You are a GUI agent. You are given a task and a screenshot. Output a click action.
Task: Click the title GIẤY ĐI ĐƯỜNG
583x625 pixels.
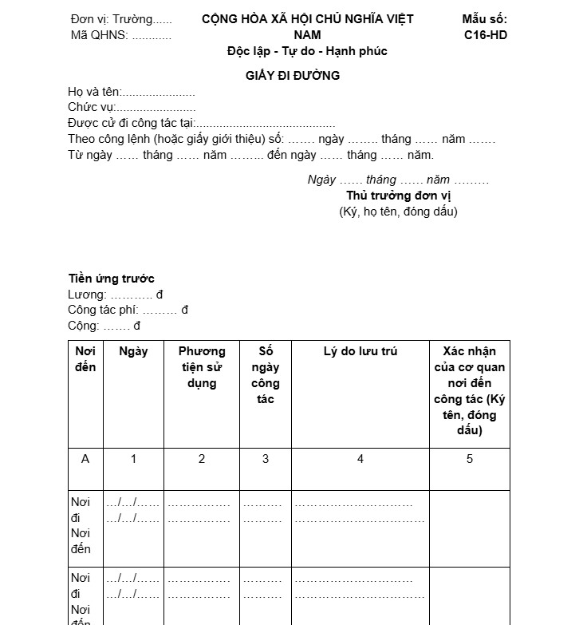293,76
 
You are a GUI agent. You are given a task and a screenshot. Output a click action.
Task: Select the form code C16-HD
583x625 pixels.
485,35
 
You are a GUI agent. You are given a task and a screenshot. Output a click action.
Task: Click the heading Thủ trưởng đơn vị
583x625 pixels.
399,196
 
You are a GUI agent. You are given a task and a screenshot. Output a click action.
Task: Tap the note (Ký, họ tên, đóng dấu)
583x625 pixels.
399,212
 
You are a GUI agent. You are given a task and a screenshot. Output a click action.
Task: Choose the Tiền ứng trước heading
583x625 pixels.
111,279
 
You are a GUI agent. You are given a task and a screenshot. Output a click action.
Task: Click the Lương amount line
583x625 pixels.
116,295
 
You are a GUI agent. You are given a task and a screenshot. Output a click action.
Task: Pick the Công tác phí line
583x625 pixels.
128,310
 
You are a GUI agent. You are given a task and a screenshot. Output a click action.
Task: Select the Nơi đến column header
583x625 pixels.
85,359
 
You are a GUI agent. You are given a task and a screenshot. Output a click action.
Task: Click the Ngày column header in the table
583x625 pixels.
133,351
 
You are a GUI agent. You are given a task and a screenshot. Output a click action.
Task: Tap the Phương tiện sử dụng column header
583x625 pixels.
202,367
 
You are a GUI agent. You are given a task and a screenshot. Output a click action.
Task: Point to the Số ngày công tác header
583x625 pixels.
266,375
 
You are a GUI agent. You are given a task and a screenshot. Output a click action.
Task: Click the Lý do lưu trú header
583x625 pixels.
360,351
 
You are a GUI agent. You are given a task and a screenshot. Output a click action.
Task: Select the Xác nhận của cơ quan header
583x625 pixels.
470,390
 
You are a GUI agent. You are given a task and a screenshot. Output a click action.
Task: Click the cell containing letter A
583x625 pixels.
85,459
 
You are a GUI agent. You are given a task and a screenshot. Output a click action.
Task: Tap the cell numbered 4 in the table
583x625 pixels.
360,459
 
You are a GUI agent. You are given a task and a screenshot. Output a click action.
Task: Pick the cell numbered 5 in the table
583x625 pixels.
470,459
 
